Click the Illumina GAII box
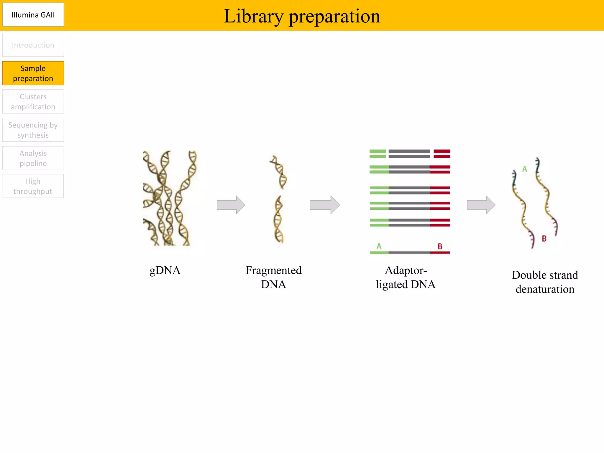[33, 15]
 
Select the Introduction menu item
[33, 45]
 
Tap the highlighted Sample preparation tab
[33, 73]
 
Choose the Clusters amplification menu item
[33, 102]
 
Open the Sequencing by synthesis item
[33, 130]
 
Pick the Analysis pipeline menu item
[33, 158]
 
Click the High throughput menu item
[33, 186]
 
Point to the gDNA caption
[165, 270]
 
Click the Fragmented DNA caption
[273, 277]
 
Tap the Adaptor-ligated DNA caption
[406, 277]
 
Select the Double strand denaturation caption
[545, 282]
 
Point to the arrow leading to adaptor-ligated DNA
[324, 205]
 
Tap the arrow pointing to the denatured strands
[481, 205]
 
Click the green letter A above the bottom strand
[379, 246]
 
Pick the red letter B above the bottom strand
[440, 246]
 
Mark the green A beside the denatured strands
[524, 169]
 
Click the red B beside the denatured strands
[544, 239]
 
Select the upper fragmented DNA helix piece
[279, 172]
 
